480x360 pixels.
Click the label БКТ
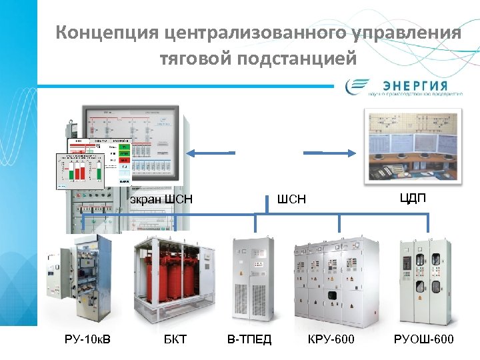point(175,341)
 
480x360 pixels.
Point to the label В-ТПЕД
point(249,341)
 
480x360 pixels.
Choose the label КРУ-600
point(331,341)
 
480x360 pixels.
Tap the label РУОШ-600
point(424,341)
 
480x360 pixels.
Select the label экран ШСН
point(161,198)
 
